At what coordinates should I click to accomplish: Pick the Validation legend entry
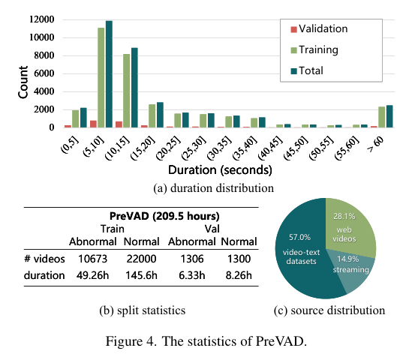[317, 29]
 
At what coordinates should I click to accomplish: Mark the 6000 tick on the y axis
[44, 73]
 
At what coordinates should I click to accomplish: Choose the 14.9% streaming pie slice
[353, 264]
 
